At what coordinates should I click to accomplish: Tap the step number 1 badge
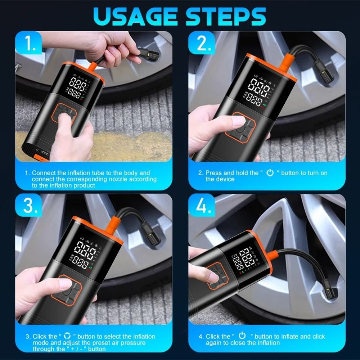pyautogui.click(x=28, y=44)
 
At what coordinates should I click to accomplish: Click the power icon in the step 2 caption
pyautogui.click(x=270, y=172)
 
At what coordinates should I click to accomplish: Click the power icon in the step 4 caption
pyautogui.click(x=242, y=336)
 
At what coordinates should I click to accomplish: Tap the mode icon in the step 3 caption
pyautogui.click(x=67, y=336)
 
